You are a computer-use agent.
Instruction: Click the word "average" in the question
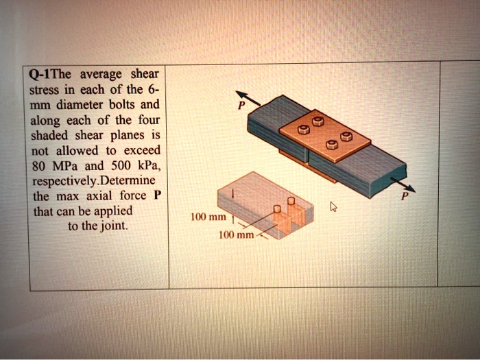pos(101,74)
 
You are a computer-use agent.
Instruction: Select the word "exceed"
pos(143,150)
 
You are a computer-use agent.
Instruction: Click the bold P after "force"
pos(157,195)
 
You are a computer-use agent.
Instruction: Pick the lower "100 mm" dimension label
pos(235,236)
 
